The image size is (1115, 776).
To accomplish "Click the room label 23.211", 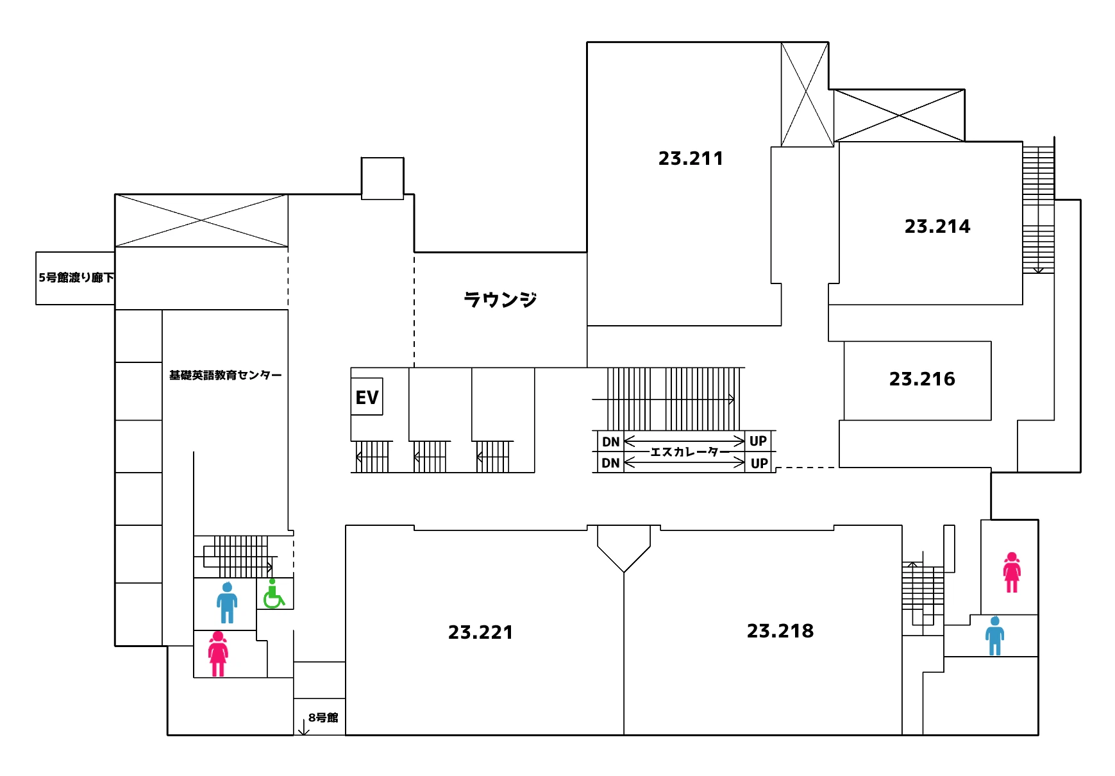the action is pos(691,158).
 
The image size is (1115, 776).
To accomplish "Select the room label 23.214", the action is pos(937,226).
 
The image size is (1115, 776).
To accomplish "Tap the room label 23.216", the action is pos(922,379).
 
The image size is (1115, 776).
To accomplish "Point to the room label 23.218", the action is pos(780,631).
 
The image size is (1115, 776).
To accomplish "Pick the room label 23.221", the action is pos(480,632).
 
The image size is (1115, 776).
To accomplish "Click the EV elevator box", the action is pos(367,397).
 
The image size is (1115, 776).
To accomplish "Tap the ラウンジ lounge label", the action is pos(500,299).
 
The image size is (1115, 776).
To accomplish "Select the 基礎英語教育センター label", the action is pos(225,375).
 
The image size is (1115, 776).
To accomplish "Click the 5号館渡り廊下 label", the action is pos(76,278).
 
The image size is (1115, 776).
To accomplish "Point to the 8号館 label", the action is pos(323,718).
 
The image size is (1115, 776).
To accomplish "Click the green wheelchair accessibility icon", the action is pos(274,594).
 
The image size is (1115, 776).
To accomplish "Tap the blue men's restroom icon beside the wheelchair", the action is pos(227,603).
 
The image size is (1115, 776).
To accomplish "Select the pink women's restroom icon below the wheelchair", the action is pos(218,654).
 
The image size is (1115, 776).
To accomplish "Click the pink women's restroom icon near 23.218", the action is pos(1012,573).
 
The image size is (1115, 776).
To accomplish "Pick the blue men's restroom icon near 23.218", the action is pos(994,636).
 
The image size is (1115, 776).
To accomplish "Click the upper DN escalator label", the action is pos(610,442).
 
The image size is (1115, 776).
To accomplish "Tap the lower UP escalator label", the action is pos(759,463).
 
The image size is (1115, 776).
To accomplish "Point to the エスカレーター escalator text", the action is pos(690,452).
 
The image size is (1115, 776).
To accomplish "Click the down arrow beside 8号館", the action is pos(304,727).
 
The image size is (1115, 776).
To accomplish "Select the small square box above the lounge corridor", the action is pos(383,178).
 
